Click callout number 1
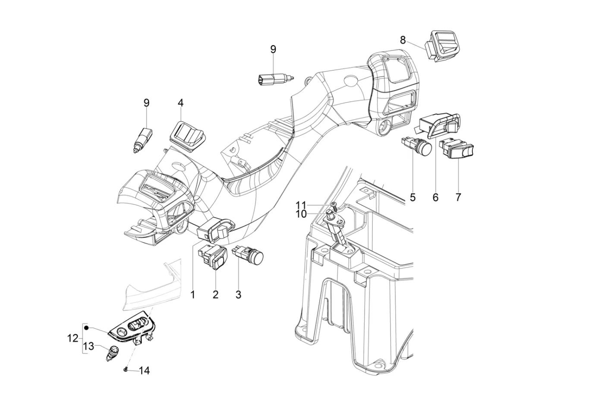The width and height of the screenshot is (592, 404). click(193, 295)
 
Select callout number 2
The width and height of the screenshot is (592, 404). click(215, 295)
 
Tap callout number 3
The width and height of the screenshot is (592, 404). click(238, 295)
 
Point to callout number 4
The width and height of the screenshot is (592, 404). click(180, 103)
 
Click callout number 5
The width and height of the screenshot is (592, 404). click(413, 197)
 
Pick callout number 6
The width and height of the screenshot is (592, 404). click(435, 197)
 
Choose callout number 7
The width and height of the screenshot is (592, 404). click(458, 197)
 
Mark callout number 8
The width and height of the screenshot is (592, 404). click(403, 40)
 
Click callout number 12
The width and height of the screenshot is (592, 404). click(73, 338)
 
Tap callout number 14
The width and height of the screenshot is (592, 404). click(144, 370)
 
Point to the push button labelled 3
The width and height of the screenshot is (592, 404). click(249, 256)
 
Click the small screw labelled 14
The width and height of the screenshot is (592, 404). click(125, 370)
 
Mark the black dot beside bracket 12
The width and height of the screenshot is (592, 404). click(87, 328)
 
